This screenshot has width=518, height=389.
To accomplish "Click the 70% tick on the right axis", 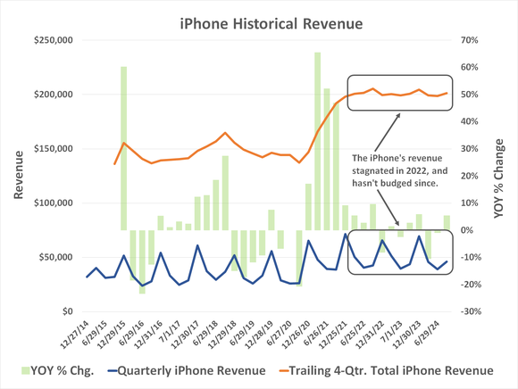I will tap(474, 40).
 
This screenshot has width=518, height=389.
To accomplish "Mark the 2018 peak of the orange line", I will tap(225, 133).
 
